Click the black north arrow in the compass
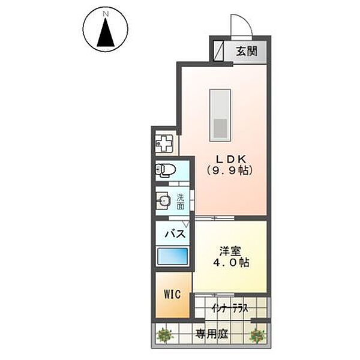(x=106, y=32)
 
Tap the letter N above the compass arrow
(x=106, y=14)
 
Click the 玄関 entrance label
(x=247, y=51)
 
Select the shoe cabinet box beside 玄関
(x=218, y=51)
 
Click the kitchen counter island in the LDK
(x=220, y=115)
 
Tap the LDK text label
(x=230, y=159)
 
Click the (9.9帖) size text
(x=230, y=170)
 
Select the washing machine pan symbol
(x=164, y=143)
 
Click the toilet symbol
(x=166, y=170)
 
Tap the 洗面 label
(x=181, y=202)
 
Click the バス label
(x=175, y=234)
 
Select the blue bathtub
(x=173, y=256)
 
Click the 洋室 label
(x=230, y=251)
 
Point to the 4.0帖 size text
(x=232, y=262)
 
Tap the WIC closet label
(x=172, y=294)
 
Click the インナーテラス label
(x=230, y=308)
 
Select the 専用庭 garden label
(x=212, y=334)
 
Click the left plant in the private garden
(x=164, y=335)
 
